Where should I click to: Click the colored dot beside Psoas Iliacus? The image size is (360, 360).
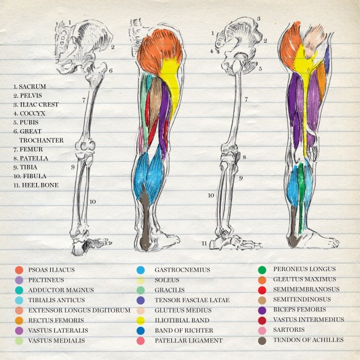[19, 270]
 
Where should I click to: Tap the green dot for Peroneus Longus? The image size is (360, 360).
[263, 270]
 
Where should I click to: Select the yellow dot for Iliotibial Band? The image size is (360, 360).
[141, 320]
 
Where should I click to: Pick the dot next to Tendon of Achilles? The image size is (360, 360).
[263, 340]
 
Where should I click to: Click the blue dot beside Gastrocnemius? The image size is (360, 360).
[141, 270]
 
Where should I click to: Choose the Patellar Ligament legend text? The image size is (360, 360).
[188, 340]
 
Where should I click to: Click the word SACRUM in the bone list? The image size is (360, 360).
[32, 86]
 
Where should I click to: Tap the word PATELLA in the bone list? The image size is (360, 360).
[34, 158]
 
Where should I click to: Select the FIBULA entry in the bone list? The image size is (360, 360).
[33, 176]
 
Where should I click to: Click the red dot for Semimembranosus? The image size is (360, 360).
[263, 290]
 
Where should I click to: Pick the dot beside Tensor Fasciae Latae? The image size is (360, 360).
[141, 300]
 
